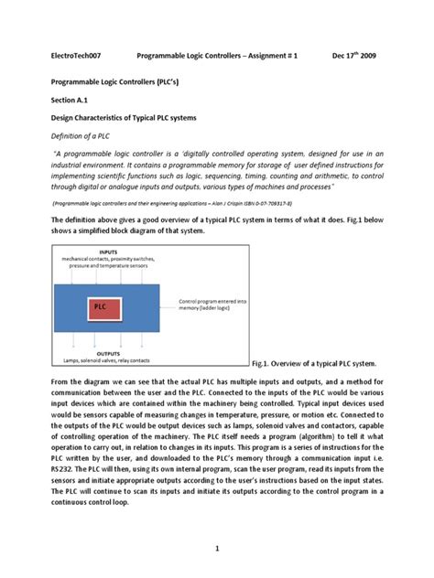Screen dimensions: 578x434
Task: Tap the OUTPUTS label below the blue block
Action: tap(109, 352)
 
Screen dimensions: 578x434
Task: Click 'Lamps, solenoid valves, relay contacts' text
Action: tap(107, 359)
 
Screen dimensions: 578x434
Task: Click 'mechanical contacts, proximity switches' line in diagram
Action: tap(108, 258)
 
